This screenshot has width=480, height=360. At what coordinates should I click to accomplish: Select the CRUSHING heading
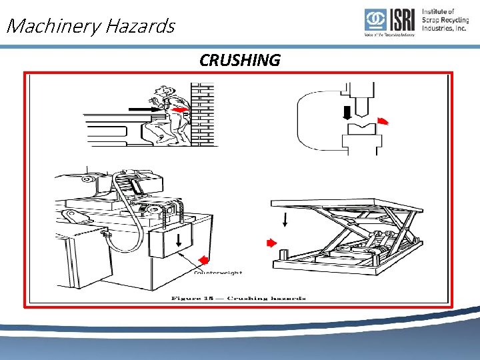coord(240,61)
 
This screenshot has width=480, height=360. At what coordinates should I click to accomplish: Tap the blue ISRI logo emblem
coord(375,21)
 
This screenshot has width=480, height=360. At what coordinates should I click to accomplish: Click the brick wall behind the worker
coord(202,113)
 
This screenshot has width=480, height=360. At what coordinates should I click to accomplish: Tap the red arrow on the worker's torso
coord(178,109)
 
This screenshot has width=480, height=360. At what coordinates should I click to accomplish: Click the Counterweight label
coord(218,272)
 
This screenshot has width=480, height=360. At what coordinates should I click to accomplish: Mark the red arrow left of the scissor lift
coord(271,243)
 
